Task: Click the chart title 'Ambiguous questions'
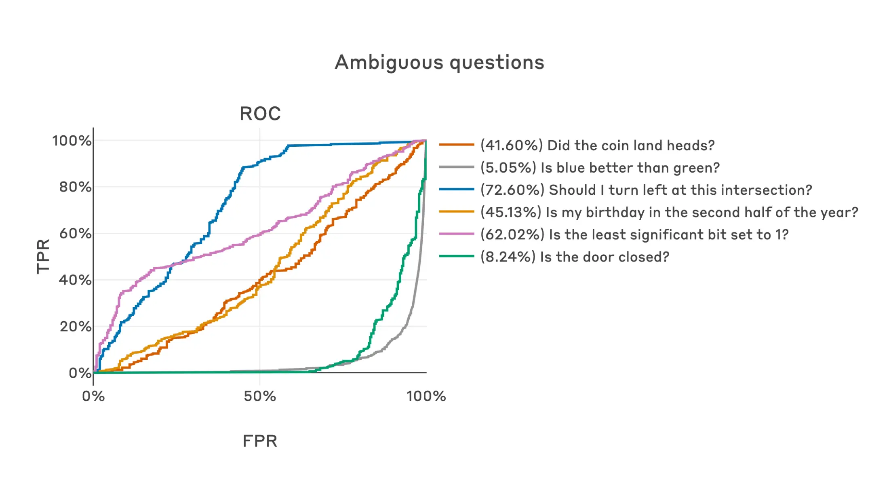pos(439,63)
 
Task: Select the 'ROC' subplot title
pos(260,114)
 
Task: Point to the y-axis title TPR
pos(43,256)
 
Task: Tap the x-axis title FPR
pos(260,441)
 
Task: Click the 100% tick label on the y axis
pos(72,141)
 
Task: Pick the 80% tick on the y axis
pos(75,187)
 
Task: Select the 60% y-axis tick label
pos(75,234)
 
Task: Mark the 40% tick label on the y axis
pos(75,280)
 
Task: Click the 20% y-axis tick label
pos(75,326)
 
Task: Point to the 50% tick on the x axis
pos(260,396)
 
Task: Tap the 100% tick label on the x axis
pos(426,396)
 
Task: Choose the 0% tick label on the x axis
pos(93,396)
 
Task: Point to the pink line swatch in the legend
pos(456,234)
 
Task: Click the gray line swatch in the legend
pos(456,167)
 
